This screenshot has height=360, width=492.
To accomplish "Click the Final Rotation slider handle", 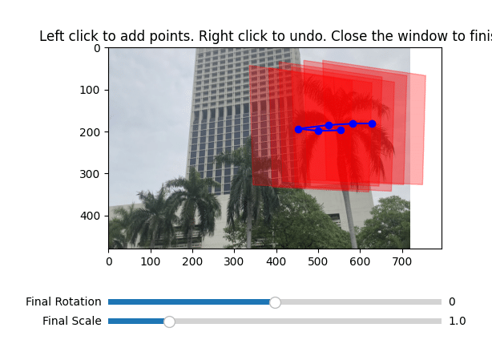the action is pos(275,302).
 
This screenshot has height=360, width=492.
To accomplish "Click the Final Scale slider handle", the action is pos(169,322).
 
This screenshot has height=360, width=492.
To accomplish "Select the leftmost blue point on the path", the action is pos(298,129).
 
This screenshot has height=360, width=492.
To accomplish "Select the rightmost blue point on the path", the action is pos(372,123).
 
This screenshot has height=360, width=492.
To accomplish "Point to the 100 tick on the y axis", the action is pos(107,90).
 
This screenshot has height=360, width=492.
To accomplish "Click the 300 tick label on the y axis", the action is pos(90,174).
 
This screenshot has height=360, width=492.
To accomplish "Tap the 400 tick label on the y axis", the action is pos(90,216).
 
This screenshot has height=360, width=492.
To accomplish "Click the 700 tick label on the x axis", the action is pos(402,261).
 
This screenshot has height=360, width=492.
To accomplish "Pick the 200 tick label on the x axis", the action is pos(192,261).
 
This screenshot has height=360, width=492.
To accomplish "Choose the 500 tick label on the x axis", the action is pos(318,261).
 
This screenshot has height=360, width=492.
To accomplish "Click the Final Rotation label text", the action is pos(63,301).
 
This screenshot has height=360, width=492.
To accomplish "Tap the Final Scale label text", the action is pos(72,321).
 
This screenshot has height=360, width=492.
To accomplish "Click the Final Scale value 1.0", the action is pos(458,321).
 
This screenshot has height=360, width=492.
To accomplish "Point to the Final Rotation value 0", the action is pos(452,301).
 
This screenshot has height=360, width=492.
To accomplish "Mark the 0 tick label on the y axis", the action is pos(97,48).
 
